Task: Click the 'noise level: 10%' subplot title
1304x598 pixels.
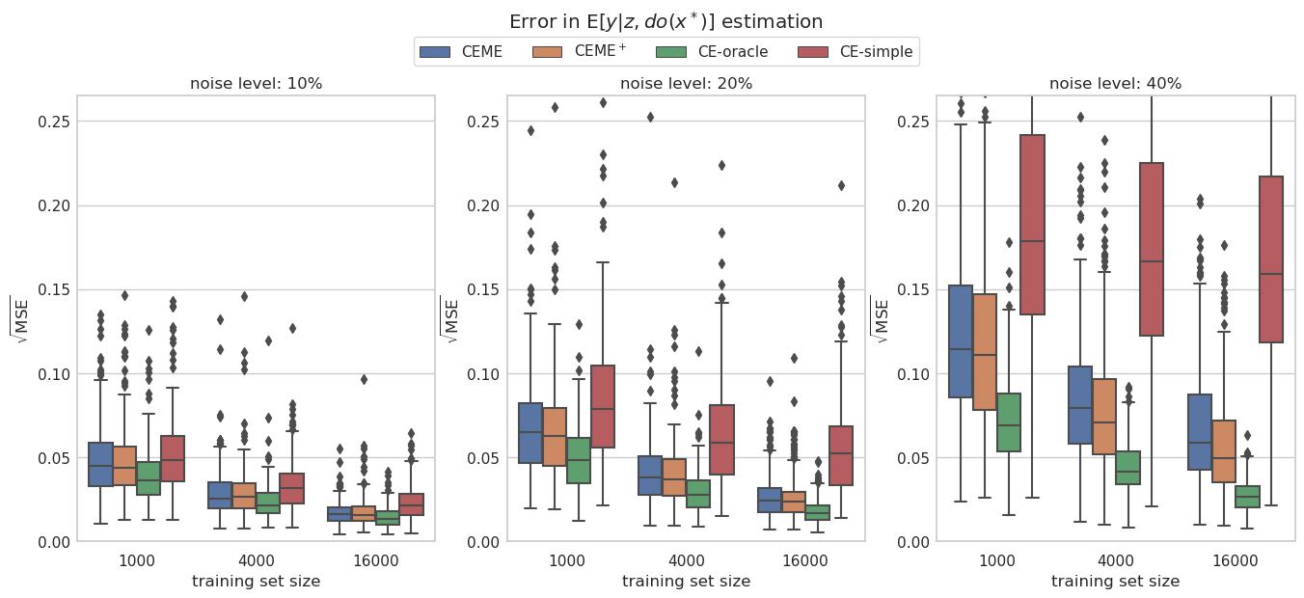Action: point(256,84)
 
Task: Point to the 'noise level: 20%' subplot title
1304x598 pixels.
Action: point(686,84)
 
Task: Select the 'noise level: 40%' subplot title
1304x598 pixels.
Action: point(1115,84)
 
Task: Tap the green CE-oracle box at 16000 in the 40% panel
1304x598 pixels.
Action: point(1247,497)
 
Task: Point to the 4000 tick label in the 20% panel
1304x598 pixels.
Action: point(686,561)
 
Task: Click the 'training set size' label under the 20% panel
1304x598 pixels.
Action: point(686,582)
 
